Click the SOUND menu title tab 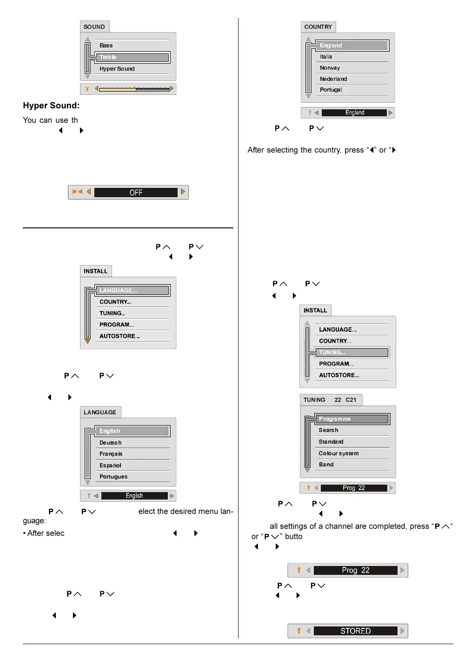pyautogui.click(x=94, y=27)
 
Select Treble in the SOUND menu pyautogui.click(x=108, y=57)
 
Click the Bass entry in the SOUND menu pyautogui.click(x=106, y=46)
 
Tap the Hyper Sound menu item pyautogui.click(x=117, y=69)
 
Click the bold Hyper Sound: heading pyautogui.click(x=51, y=106)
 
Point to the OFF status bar pyautogui.click(x=136, y=193)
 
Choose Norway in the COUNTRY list pyautogui.click(x=330, y=68)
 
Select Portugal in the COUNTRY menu pyautogui.click(x=331, y=90)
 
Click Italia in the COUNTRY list pyautogui.click(x=326, y=57)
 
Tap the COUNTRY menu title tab pyautogui.click(x=318, y=27)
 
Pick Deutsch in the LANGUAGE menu pyautogui.click(x=111, y=443)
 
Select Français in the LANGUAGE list pyautogui.click(x=111, y=454)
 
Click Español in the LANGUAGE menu pyautogui.click(x=110, y=466)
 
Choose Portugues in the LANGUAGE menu pyautogui.click(x=113, y=477)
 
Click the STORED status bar pyautogui.click(x=356, y=631)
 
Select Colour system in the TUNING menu pyautogui.click(x=338, y=453)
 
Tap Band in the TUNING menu pyautogui.click(x=326, y=465)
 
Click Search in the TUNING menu pyautogui.click(x=329, y=430)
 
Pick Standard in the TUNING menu pyautogui.click(x=331, y=442)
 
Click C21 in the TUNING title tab pyautogui.click(x=351, y=400)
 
